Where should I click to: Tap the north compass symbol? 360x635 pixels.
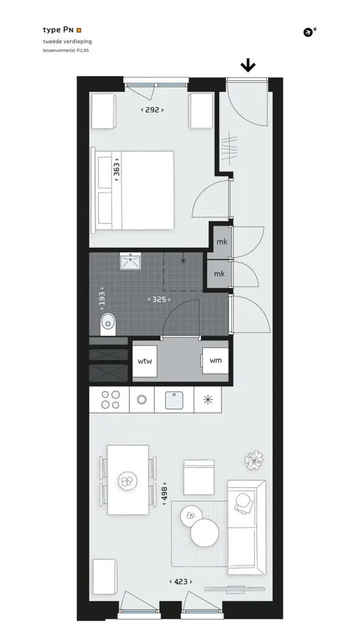[x=310, y=32]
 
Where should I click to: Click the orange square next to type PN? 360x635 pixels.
[x=79, y=30]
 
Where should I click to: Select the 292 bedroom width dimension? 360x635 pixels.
[x=152, y=110]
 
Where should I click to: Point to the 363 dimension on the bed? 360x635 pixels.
[x=117, y=169]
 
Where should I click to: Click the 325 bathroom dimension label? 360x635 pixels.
[x=159, y=299]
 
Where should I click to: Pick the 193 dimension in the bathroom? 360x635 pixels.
[x=102, y=298]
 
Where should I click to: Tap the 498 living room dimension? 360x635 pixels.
[x=165, y=494]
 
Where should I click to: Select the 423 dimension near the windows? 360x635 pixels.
[x=181, y=582]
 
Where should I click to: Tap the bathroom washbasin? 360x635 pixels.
[x=130, y=262]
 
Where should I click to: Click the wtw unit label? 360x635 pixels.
[x=145, y=361]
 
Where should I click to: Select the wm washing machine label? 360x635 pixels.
[x=215, y=360]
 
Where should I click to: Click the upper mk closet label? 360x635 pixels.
[x=222, y=242]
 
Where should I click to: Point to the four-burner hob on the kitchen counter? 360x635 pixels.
[x=110, y=399]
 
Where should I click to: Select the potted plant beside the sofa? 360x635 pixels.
[x=254, y=461]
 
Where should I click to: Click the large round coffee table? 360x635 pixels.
[x=205, y=533]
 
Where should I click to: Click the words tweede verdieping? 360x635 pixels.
[x=67, y=41]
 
